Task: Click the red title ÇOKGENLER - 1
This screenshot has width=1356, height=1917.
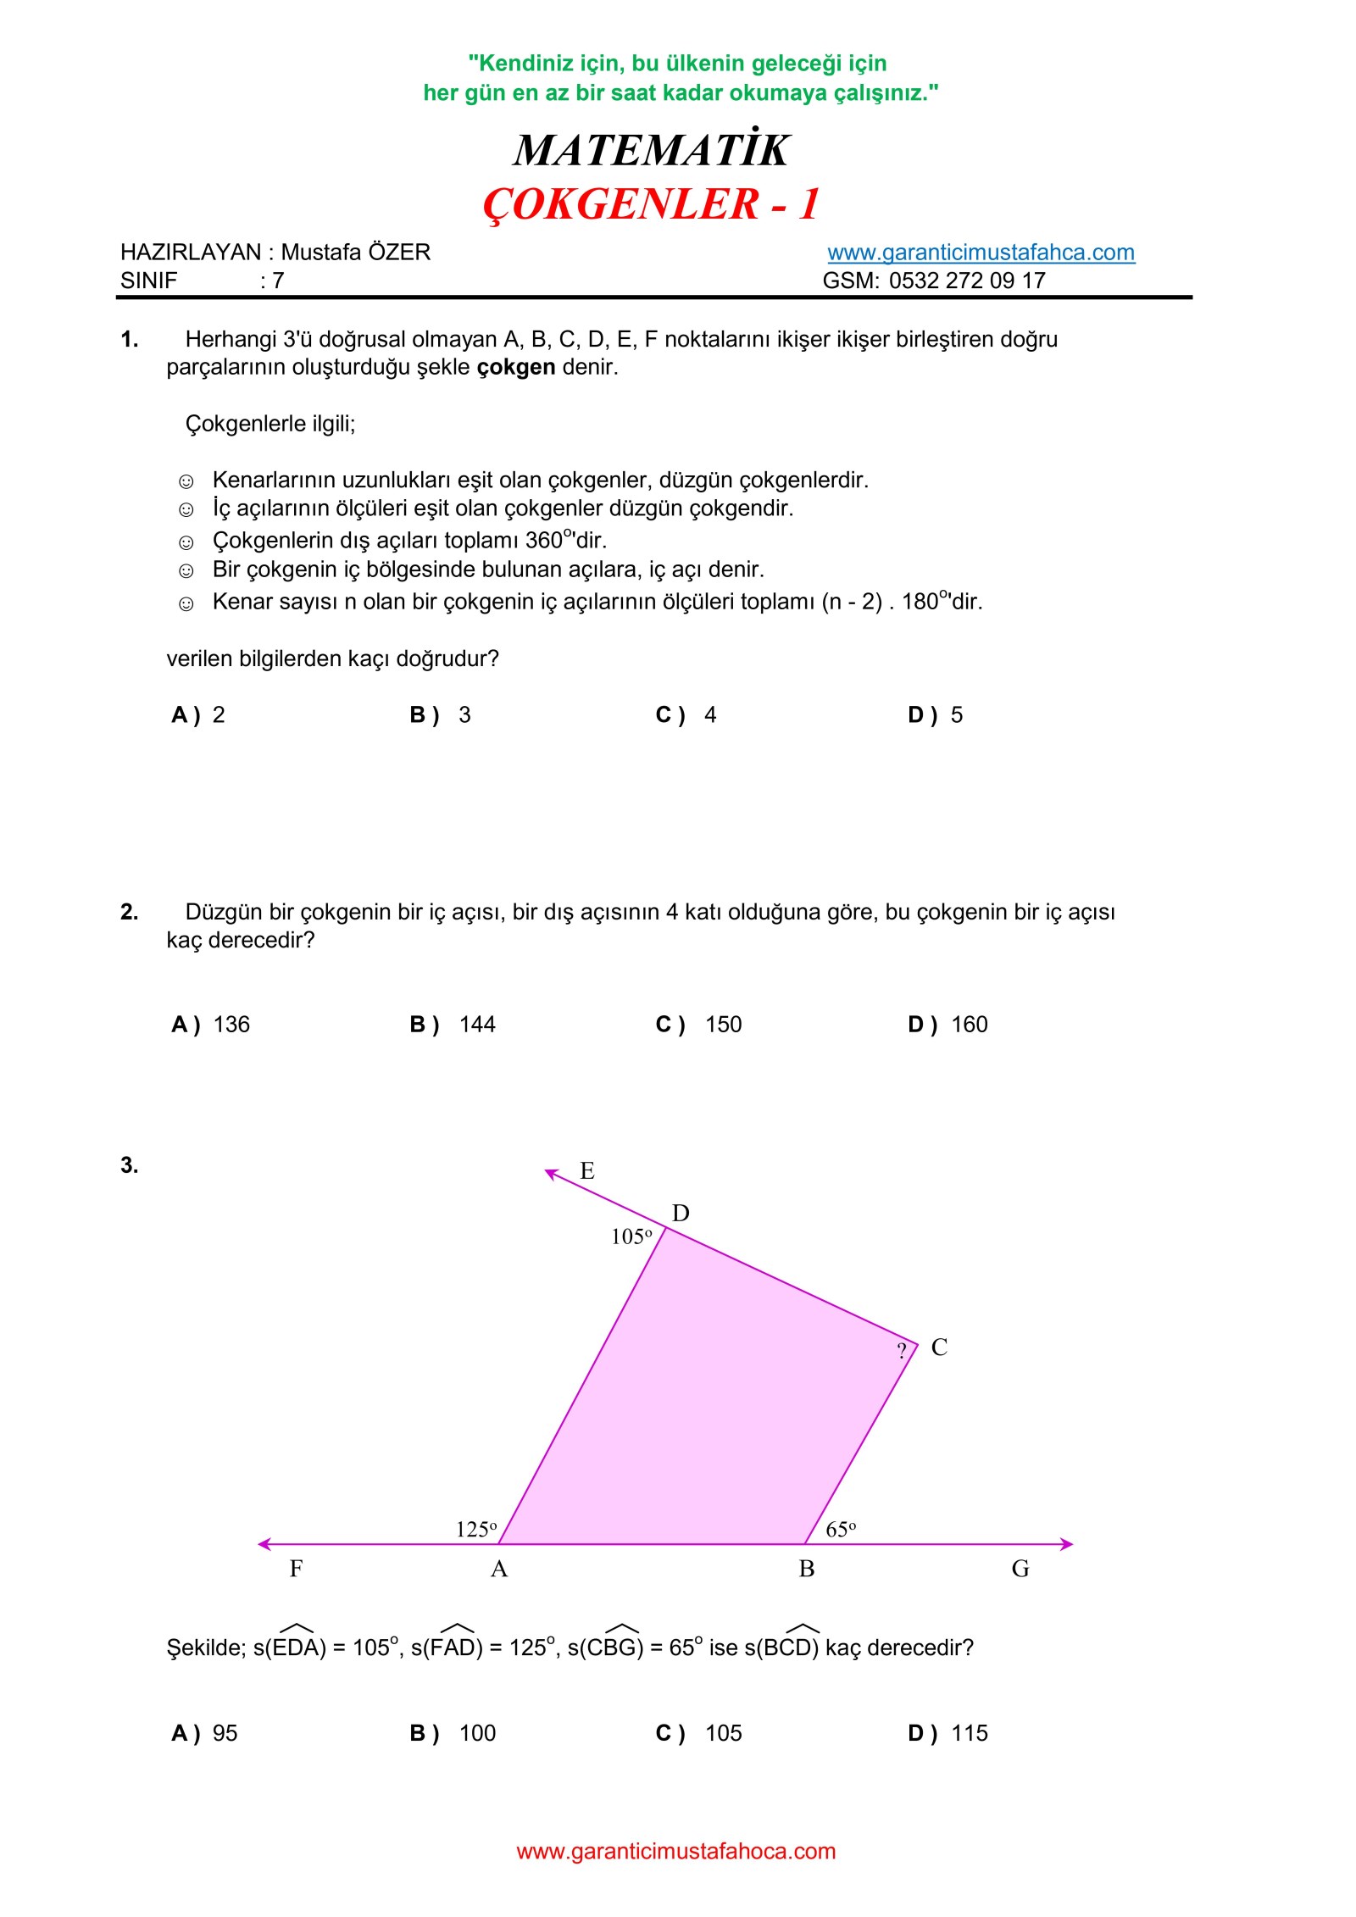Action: tap(651, 204)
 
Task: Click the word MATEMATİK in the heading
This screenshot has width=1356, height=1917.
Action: tap(651, 151)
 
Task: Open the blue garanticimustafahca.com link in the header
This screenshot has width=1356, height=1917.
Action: tap(981, 253)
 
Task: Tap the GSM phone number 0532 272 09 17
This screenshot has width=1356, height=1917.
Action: tap(967, 281)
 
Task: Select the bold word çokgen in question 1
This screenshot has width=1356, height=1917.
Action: tap(515, 367)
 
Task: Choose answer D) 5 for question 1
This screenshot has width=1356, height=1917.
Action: tap(936, 715)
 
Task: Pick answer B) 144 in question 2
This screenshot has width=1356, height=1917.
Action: tap(453, 1025)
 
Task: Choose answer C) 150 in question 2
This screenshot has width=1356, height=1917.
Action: tap(699, 1025)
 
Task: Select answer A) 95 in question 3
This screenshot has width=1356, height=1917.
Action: tap(205, 1733)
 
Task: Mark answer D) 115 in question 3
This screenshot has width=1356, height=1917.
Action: tap(948, 1733)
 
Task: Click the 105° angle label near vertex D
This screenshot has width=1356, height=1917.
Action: tap(631, 1237)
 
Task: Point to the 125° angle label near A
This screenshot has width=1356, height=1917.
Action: tap(476, 1530)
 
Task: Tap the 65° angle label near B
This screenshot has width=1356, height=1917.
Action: tap(841, 1530)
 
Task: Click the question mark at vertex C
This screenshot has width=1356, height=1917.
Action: tap(902, 1351)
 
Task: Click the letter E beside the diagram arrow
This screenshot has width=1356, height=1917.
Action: tap(587, 1171)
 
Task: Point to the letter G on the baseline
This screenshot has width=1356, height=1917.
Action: tap(1020, 1570)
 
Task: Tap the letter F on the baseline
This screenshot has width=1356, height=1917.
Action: tap(296, 1570)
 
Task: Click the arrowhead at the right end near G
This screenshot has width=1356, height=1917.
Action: tap(1067, 1544)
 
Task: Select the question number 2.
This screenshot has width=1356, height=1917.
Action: tap(129, 912)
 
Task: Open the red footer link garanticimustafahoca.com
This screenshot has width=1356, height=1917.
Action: tap(676, 1852)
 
